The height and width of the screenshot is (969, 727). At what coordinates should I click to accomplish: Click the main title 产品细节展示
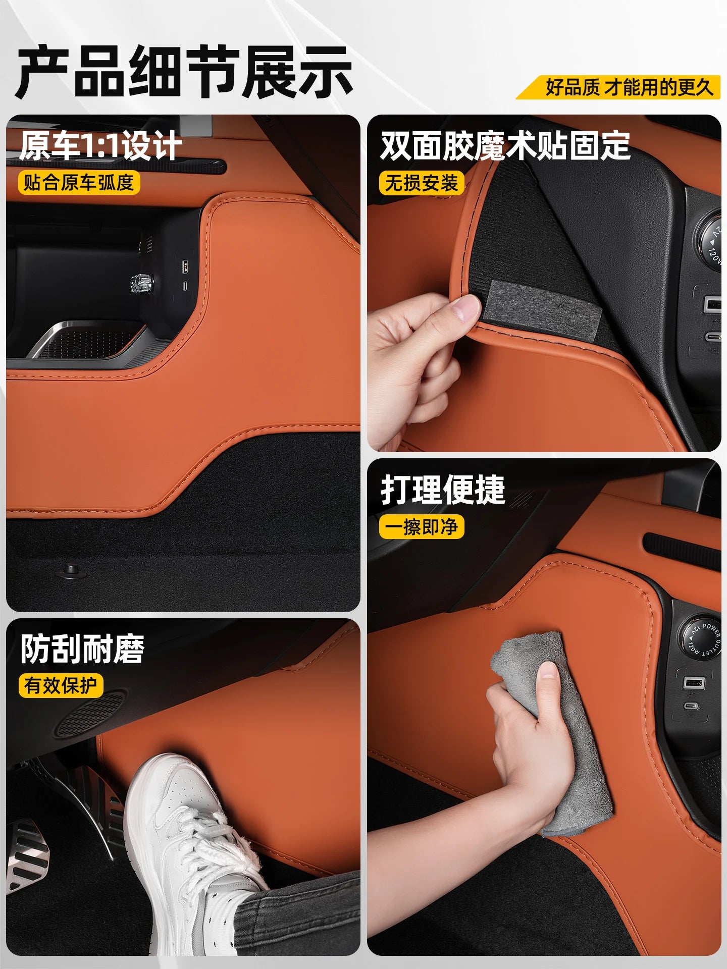pyautogui.click(x=185, y=72)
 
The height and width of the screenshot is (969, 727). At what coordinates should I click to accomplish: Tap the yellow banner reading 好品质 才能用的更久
pyautogui.click(x=619, y=87)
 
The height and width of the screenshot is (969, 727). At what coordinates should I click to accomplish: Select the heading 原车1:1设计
pyautogui.click(x=101, y=146)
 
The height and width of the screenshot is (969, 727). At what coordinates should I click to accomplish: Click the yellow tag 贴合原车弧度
pyautogui.click(x=79, y=182)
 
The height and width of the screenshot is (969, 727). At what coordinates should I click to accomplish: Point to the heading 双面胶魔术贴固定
pyautogui.click(x=505, y=146)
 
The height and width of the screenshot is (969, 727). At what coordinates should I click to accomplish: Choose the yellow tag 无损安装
pyautogui.click(x=422, y=182)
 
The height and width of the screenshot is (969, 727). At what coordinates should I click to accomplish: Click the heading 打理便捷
pyautogui.click(x=443, y=490)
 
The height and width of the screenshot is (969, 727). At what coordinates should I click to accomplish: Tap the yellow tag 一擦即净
pyautogui.click(x=422, y=527)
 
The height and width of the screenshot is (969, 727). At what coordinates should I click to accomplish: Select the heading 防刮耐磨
pyautogui.click(x=82, y=649)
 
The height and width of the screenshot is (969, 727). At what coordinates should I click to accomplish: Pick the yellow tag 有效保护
pyautogui.click(x=61, y=685)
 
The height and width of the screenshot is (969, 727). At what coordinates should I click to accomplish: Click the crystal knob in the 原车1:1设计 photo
pyautogui.click(x=142, y=283)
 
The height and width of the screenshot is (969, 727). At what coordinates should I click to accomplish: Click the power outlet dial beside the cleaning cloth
pyautogui.click(x=704, y=638)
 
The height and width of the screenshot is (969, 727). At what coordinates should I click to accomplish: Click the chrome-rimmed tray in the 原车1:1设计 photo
pyautogui.click(x=91, y=341)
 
